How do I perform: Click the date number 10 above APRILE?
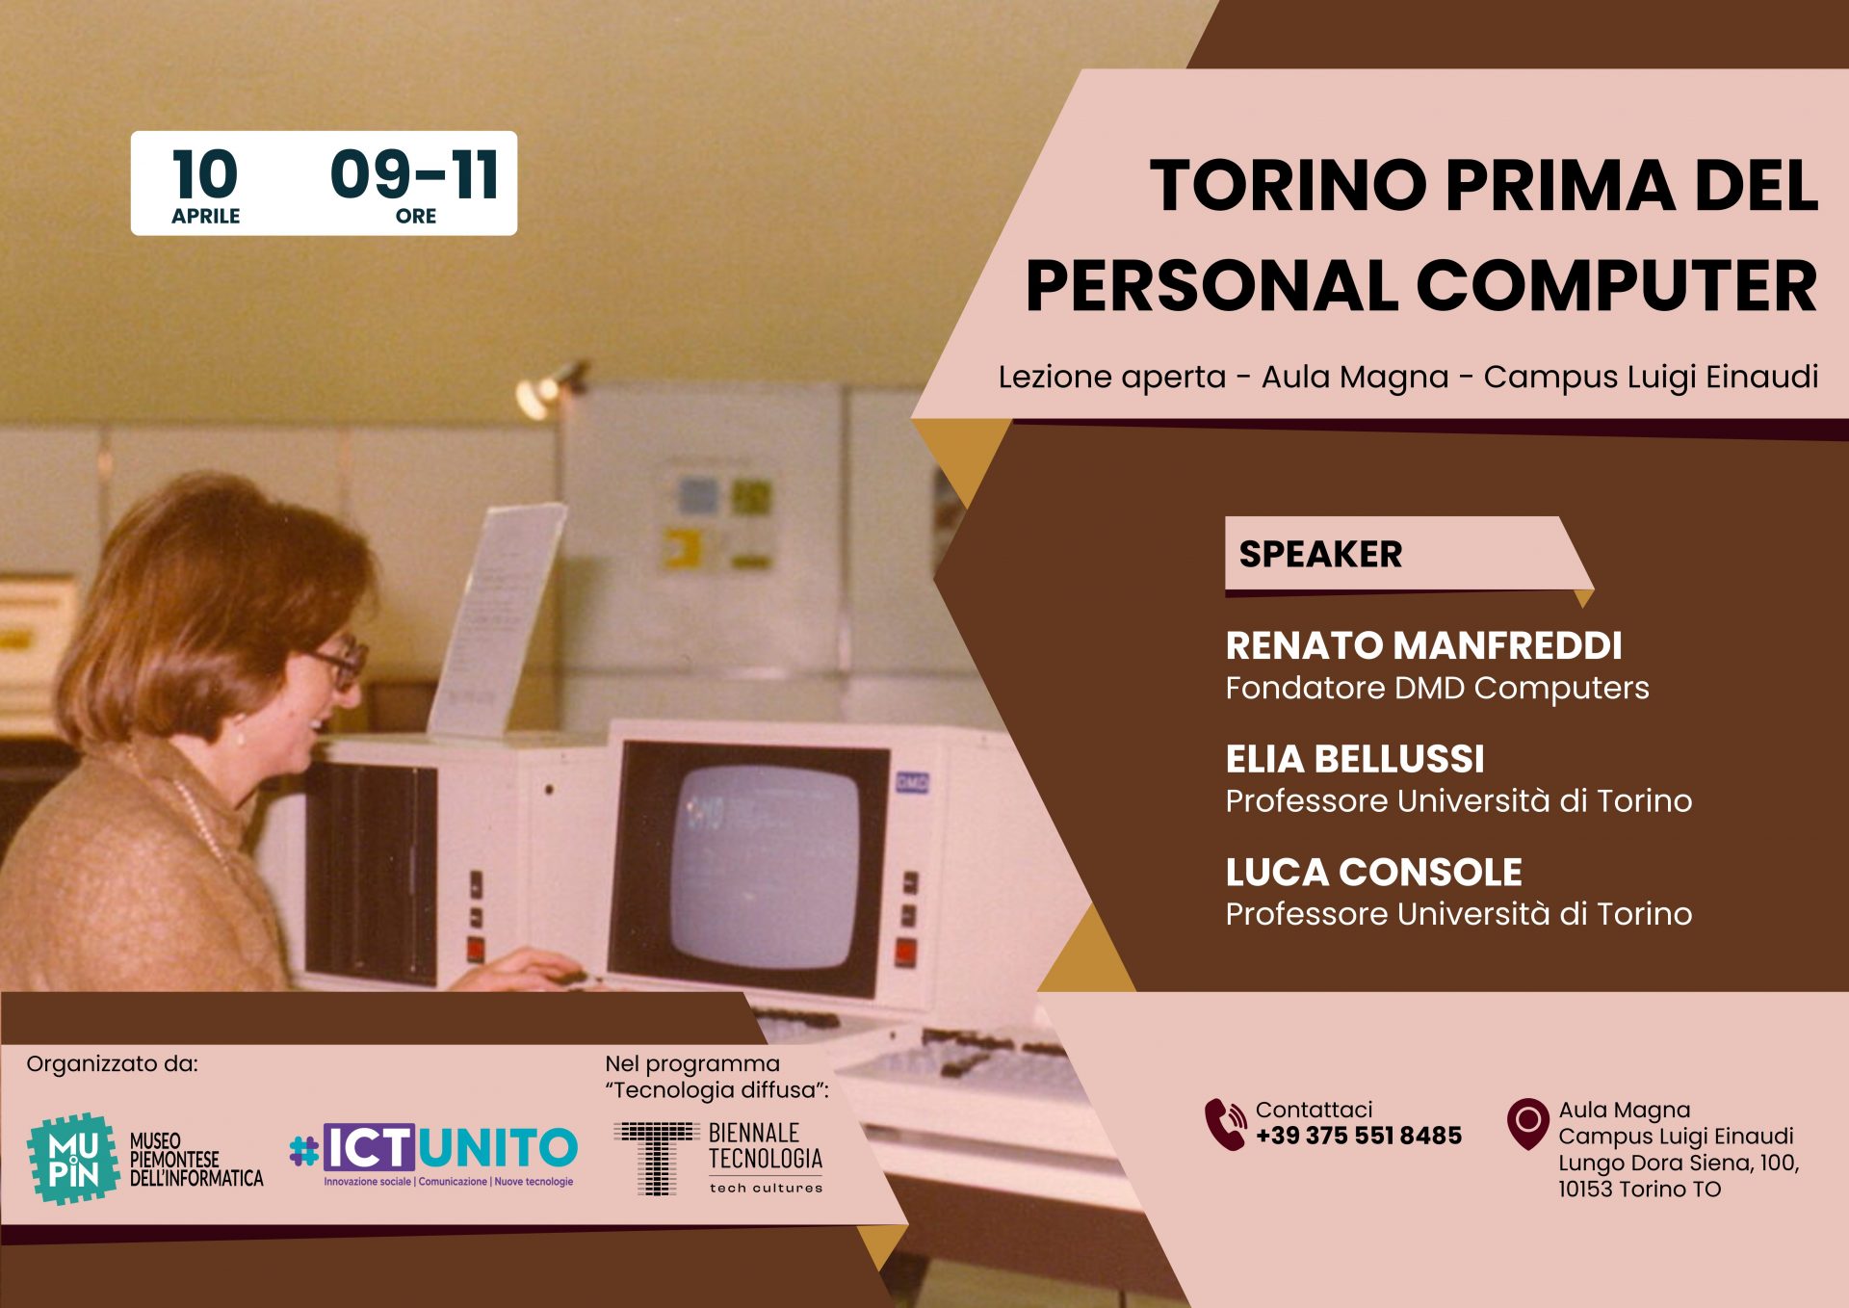point(205,174)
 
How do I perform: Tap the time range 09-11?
point(414,174)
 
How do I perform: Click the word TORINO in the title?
point(1288,185)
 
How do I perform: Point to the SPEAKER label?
point(1319,555)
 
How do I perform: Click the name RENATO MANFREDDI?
point(1423,646)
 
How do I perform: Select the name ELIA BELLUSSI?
point(1354,759)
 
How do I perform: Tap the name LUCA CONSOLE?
point(1373,873)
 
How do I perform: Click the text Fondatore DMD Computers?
point(1437,689)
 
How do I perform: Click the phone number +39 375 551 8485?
point(1358,1137)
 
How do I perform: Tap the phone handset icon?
point(1225,1124)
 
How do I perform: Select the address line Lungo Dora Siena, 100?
point(1679,1163)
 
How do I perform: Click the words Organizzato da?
point(112,1064)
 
